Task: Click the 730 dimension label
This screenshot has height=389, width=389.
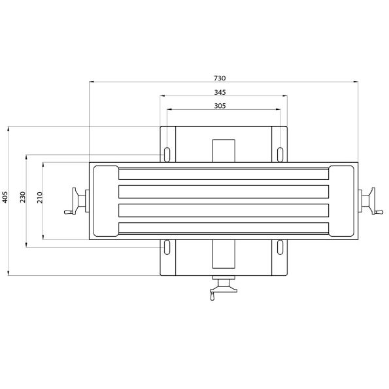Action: pos(223,77)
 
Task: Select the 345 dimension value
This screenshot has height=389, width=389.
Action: pos(220,92)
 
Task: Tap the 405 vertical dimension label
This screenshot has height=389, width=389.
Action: pos(5,197)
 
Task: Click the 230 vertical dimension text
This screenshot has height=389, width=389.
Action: pos(22,197)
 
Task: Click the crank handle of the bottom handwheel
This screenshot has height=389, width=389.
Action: pos(212,297)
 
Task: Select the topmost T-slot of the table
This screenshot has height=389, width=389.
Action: pos(223,174)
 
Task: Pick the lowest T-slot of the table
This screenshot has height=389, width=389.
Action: pos(223,228)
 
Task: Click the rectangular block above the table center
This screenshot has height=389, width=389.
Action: pos(223,150)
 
